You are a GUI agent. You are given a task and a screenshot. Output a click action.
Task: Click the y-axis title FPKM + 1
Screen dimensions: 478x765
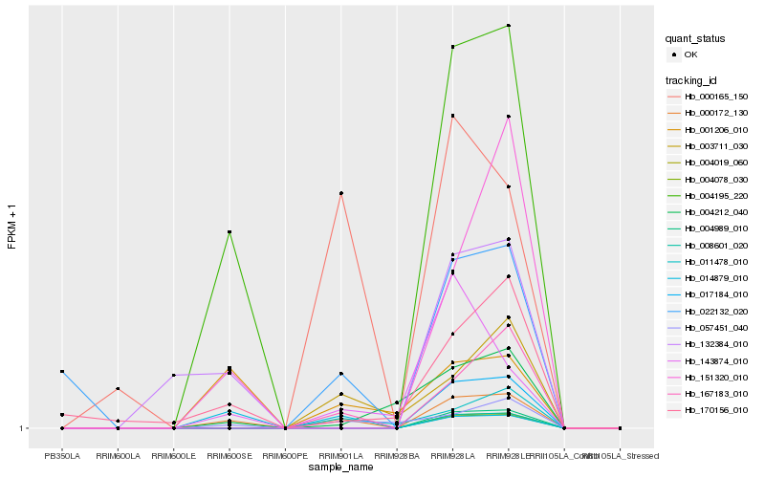coord(11,227)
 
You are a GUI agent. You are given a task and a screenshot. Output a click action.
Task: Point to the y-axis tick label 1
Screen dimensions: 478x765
coord(23,428)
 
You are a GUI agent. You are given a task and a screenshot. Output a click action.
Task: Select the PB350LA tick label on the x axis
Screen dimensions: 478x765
coord(62,456)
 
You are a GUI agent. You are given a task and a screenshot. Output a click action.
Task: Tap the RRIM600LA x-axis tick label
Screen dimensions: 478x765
coord(118,456)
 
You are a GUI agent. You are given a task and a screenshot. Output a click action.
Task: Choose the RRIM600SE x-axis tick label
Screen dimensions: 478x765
coord(229,456)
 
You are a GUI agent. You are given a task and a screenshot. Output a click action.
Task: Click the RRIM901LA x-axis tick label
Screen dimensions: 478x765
coord(340,456)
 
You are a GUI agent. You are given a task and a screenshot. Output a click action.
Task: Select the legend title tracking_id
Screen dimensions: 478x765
coord(692,79)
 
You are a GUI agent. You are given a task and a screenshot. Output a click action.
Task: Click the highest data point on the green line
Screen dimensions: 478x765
coord(509,26)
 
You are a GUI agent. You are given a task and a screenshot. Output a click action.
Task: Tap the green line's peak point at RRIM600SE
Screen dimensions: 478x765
coord(229,232)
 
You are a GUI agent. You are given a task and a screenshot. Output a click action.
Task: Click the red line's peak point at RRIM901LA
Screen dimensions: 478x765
coord(340,194)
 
